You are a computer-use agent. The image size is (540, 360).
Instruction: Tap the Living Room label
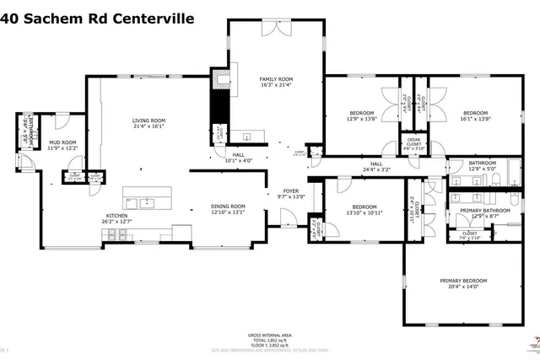pyautogui.click(x=148, y=121)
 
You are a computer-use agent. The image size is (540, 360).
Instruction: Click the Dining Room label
pyautogui.click(x=228, y=207)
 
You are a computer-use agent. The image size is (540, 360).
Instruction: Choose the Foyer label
pyautogui.click(x=290, y=191)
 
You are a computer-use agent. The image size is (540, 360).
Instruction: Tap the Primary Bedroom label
pyautogui.click(x=463, y=281)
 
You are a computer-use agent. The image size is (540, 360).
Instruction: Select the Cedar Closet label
pyautogui.click(x=413, y=140)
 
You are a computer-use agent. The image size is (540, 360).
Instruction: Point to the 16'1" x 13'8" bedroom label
pyautogui.click(x=474, y=112)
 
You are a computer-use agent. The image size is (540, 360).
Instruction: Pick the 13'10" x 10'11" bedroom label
pyautogui.click(x=364, y=207)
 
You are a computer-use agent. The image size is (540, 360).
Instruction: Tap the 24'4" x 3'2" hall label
pyautogui.click(x=376, y=164)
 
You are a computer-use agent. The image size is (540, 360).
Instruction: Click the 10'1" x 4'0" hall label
pyautogui.click(x=238, y=155)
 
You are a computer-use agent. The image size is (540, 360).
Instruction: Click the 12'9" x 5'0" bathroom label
pyautogui.click(x=482, y=163)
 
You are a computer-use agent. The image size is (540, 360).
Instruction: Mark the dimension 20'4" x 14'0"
pyautogui.click(x=463, y=286)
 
